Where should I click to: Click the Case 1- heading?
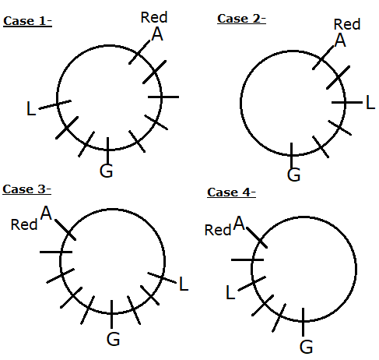coord(27,21)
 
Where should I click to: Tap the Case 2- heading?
coord(241,19)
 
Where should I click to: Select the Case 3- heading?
coord(26,189)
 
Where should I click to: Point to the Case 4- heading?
coord(231,192)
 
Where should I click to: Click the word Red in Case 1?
coord(154,17)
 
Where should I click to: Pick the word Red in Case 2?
coord(347,24)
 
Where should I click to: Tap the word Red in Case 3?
coord(24,224)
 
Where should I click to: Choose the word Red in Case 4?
coord(218,230)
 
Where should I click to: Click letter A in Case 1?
coord(157,34)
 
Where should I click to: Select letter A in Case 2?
coord(340,41)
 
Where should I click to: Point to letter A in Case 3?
coord(46,213)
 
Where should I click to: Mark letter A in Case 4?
coord(239,223)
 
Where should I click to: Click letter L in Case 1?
coord(31,108)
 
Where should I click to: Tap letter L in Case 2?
coord(370,102)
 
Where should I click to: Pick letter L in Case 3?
coord(184,284)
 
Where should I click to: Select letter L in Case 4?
coord(230,292)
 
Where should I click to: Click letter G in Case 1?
coord(106,171)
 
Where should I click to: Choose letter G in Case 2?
coord(293,175)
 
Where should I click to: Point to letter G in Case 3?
coord(113,339)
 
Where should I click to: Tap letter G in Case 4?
coord(306,347)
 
